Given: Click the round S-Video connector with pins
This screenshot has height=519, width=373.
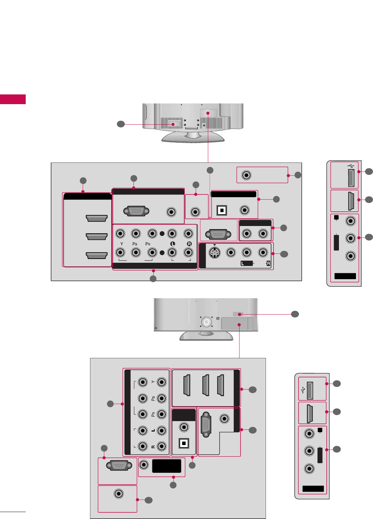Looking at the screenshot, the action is [214, 253].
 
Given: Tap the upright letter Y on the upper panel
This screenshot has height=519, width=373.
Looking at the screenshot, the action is [122, 244].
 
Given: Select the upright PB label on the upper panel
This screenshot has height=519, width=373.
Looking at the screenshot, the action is [135, 244].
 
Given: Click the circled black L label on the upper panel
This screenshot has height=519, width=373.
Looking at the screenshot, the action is [172, 244].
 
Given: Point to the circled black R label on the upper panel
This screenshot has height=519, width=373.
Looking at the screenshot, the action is [189, 244].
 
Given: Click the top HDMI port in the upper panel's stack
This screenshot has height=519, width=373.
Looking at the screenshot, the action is [97, 218].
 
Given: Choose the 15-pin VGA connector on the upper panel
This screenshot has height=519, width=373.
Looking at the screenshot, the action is [137, 211].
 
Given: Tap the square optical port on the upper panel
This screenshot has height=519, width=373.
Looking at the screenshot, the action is [221, 210].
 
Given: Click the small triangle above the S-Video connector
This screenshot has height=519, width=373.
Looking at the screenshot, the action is [214, 245].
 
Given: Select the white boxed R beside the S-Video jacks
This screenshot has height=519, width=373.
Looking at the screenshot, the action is [268, 263].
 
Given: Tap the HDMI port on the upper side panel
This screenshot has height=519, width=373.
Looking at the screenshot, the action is [351, 201].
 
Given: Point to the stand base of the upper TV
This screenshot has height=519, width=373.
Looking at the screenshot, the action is [193, 137].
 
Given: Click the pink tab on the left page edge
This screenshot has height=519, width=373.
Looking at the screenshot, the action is [13, 99].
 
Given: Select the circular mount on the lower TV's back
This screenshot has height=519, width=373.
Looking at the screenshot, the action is [206, 322].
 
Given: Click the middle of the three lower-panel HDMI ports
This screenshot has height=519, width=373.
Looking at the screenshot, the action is [205, 385].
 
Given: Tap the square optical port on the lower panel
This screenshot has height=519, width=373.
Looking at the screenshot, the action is [184, 443].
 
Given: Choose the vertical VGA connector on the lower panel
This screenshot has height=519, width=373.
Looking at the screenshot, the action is [206, 424].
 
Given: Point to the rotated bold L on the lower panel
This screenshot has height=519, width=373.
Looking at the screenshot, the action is [153, 430].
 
